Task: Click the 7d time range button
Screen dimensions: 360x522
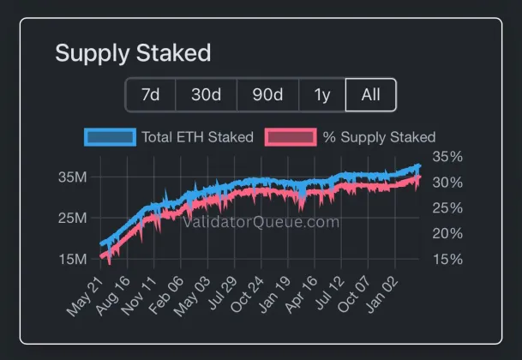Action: (x=150, y=95)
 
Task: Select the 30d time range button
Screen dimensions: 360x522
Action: (x=206, y=95)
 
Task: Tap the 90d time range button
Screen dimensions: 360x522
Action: (x=267, y=95)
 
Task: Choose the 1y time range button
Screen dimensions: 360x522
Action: (x=322, y=95)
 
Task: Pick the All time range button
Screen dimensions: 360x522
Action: (x=370, y=95)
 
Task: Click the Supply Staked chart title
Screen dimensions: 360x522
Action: (x=133, y=53)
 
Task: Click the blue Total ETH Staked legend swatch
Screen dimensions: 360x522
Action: (x=110, y=137)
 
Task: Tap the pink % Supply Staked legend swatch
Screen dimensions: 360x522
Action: (x=291, y=137)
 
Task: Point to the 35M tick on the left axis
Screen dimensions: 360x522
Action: (x=71, y=177)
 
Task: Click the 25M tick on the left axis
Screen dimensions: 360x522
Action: (x=71, y=218)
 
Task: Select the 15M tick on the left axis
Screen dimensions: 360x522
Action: (x=71, y=259)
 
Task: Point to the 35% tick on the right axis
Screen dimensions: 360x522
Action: (x=448, y=157)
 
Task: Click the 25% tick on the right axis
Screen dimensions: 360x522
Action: (x=448, y=207)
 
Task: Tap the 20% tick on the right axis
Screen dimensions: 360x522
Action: (x=448, y=233)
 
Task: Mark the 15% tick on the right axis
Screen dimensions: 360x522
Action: (x=448, y=259)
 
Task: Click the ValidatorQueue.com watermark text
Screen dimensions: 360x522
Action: (x=261, y=222)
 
